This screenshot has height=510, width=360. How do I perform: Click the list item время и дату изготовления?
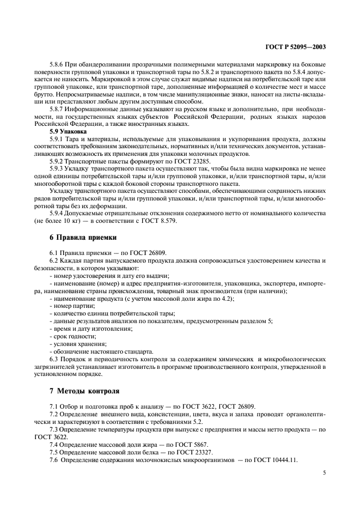click(87, 329)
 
